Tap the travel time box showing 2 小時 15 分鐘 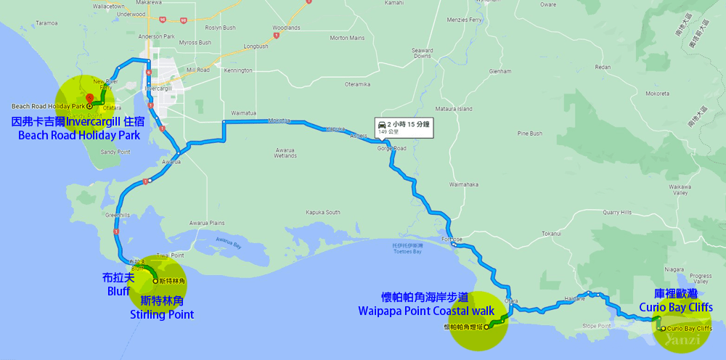tap(403, 127)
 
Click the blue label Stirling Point tap(162, 315)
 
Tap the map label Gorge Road tap(391, 148)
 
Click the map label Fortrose tap(451, 239)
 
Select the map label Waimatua tap(244, 113)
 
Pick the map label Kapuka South tap(323, 213)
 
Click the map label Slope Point tap(596, 326)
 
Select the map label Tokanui tap(552, 234)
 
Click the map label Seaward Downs tap(423, 53)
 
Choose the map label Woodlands tap(286, 28)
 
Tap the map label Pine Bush tap(530, 134)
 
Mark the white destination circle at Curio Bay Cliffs tap(662, 329)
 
